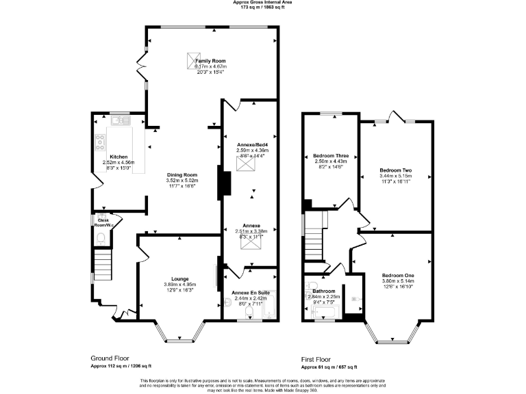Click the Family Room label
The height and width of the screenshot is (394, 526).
pos(211,61)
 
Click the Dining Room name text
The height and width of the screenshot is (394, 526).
pos(182,175)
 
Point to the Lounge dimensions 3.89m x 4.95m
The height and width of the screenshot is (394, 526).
pos(179,285)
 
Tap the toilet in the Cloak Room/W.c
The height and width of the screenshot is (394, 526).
pos(101,238)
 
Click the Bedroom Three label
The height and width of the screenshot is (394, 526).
pos(330,155)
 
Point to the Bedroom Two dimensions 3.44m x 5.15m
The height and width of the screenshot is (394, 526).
pos(396,176)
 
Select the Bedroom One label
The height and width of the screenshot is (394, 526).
pos(397,275)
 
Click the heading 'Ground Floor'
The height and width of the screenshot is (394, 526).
pos(110,358)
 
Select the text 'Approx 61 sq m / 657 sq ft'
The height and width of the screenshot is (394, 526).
pos(329,367)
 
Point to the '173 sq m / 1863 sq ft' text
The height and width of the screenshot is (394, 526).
pos(263,8)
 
